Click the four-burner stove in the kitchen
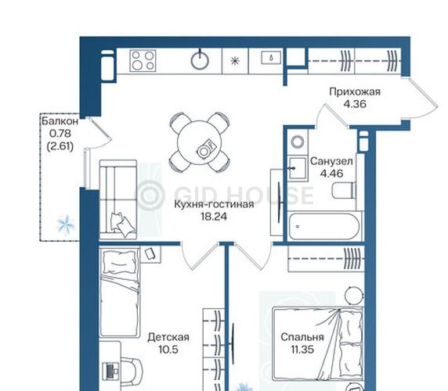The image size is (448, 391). point(143,60)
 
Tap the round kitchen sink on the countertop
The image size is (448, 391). point(200,60)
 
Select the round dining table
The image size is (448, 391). point(199,143)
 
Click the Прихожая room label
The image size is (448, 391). point(355,91)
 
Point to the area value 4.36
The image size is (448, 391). point(355,104)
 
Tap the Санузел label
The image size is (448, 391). point(331,161)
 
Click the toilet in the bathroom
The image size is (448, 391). point(345,190)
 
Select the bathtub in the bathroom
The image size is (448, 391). point(324,227)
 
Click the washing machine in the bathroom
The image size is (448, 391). point(298,142)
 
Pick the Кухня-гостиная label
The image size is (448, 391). point(214,204)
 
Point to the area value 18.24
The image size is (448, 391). point(214,217)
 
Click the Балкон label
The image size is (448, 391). point(60,121)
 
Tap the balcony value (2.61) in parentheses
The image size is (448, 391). point(60,146)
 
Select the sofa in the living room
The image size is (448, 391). point(118,199)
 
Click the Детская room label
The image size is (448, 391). point(168,337)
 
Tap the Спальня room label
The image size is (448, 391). point(302,337)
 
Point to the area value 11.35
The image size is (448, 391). point(302,350)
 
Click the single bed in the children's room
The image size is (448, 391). point(119,292)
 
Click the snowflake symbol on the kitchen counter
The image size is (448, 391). point(235,61)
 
